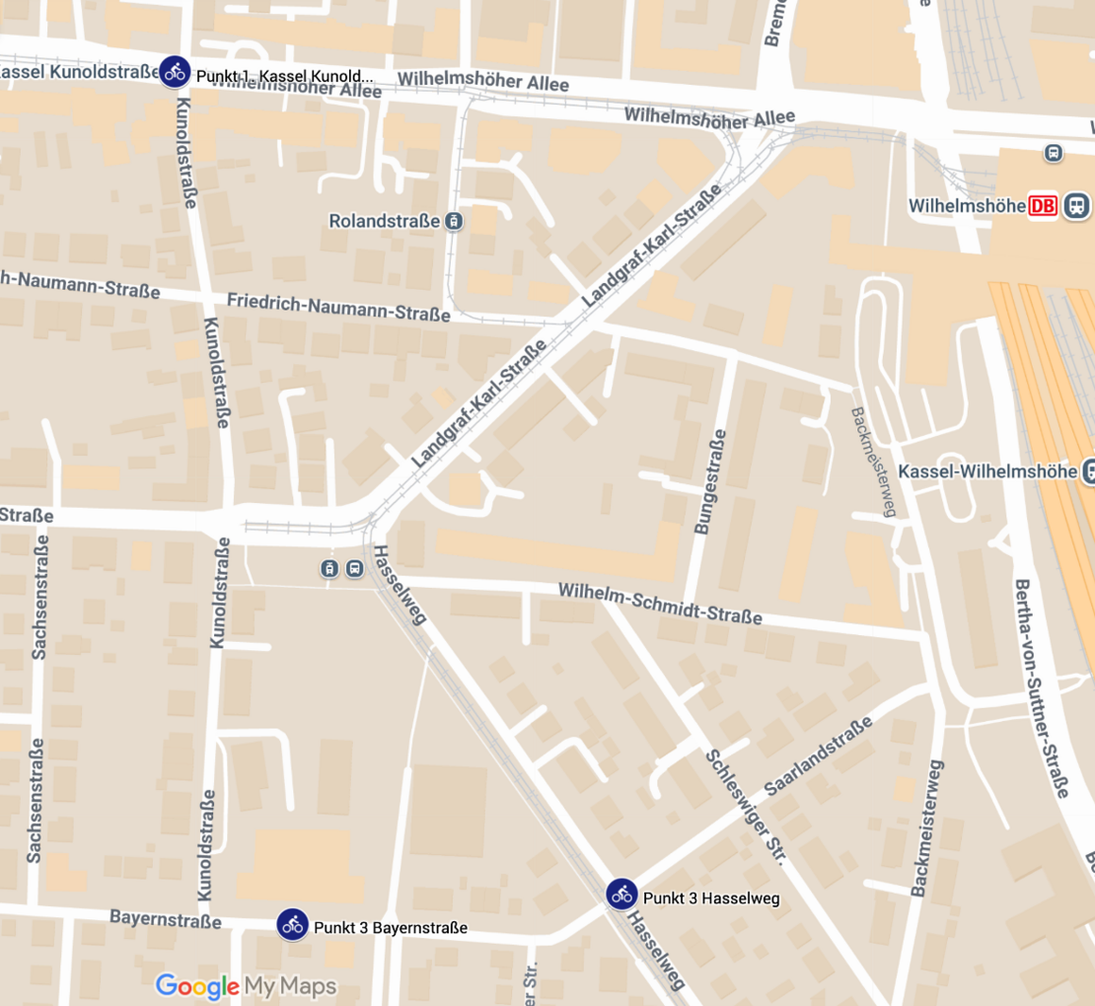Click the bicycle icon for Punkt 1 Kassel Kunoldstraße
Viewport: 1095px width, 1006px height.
pyautogui.click(x=175, y=71)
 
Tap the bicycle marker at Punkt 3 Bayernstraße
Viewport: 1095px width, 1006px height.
pyautogui.click(x=292, y=924)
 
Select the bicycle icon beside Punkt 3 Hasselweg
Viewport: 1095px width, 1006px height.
pyautogui.click(x=621, y=895)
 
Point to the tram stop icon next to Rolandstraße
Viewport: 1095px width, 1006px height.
pyautogui.click(x=453, y=221)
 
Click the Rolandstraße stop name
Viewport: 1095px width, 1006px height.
pyautogui.click(x=385, y=221)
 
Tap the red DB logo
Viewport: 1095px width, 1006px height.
pyautogui.click(x=1042, y=206)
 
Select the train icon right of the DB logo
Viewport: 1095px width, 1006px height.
pyautogui.click(x=1076, y=206)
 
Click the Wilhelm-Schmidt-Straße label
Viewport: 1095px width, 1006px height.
pyautogui.click(x=660, y=603)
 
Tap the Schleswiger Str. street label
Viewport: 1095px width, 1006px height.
pyautogui.click(x=745, y=807)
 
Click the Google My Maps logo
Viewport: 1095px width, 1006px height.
pyautogui.click(x=246, y=986)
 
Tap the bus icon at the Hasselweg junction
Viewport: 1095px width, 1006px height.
pyautogui.click(x=354, y=568)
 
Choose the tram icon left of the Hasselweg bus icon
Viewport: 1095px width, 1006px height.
pyautogui.click(x=328, y=568)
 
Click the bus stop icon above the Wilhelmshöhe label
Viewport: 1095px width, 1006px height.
pyautogui.click(x=1054, y=153)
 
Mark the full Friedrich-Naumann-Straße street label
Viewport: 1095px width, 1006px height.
pyautogui.click(x=338, y=307)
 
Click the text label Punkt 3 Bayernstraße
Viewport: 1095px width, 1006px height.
pyautogui.click(x=390, y=928)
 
